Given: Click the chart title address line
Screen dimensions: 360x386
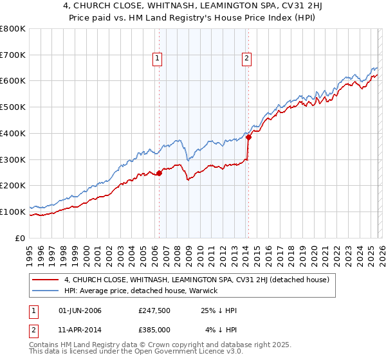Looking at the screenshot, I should tap(192, 7).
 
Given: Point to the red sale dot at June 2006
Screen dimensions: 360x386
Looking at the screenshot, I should tap(160, 172).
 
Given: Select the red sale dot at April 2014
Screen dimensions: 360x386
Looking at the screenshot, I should tap(248, 136).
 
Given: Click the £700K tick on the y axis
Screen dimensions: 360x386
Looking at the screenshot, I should tap(13, 55).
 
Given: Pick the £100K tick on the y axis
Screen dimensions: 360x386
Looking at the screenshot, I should tap(13, 212).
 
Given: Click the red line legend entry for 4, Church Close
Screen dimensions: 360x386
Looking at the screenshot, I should tap(196, 280).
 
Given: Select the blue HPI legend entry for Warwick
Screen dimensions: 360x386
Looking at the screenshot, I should tap(140, 291).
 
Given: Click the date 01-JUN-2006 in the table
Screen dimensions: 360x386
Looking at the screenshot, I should tap(78, 310).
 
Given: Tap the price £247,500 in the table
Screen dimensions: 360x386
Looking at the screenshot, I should tap(154, 310).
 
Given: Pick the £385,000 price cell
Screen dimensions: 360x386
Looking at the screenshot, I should tap(154, 329).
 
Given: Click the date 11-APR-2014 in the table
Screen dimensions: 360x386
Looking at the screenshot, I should tap(78, 329).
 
